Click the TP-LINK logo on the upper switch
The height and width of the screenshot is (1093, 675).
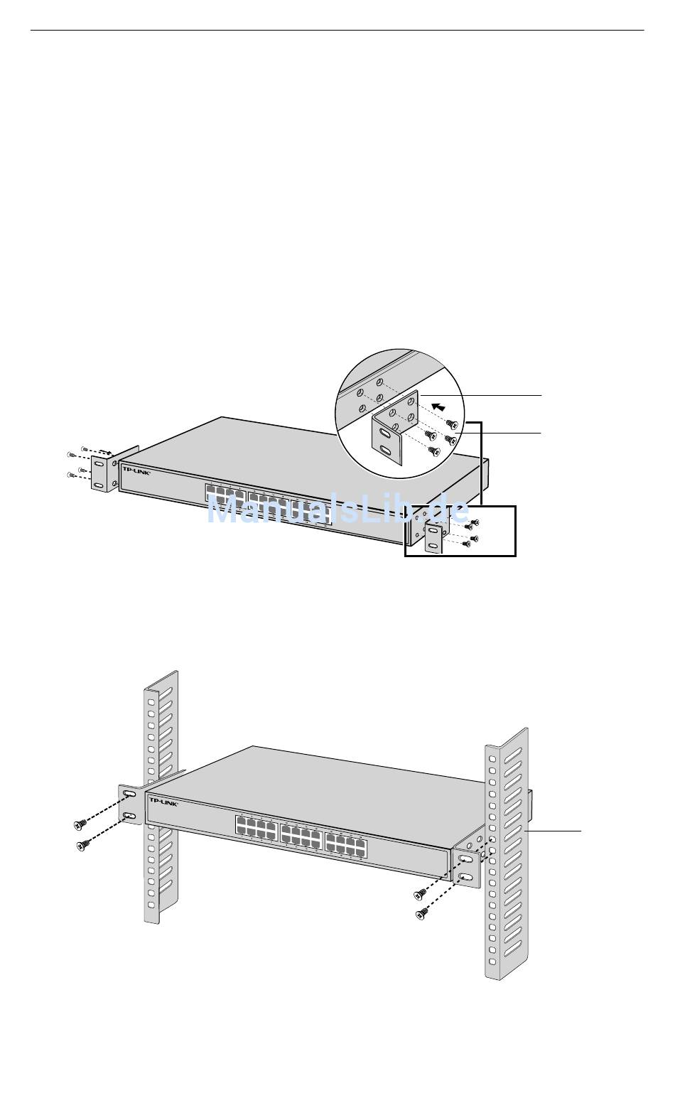point(136,470)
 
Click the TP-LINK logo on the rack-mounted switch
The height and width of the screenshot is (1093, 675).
point(162,802)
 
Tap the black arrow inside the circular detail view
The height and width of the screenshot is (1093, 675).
point(441,408)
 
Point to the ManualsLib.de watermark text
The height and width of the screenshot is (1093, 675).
point(337,510)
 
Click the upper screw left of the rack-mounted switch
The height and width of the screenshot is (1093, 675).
point(80,824)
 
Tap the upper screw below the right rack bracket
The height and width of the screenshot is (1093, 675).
point(420,893)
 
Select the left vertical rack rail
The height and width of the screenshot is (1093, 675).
point(160,796)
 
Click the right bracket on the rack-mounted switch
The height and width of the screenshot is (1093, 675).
point(466,867)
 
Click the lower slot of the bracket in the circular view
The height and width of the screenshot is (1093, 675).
point(385,450)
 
